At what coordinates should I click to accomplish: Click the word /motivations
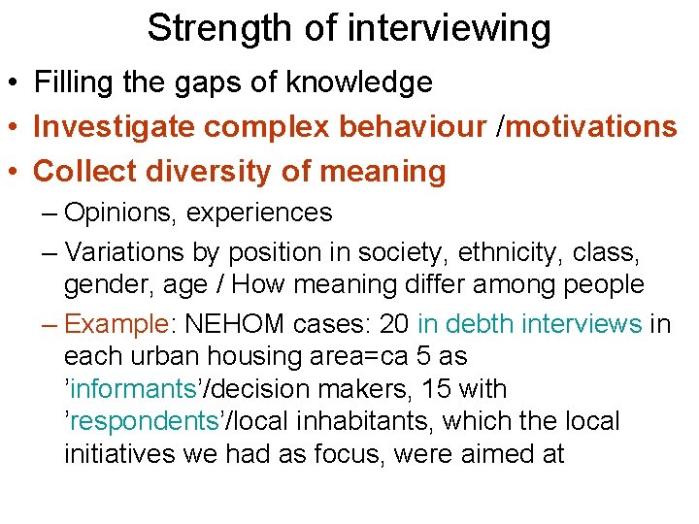point(590,127)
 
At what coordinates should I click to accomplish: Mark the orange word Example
point(116,323)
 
